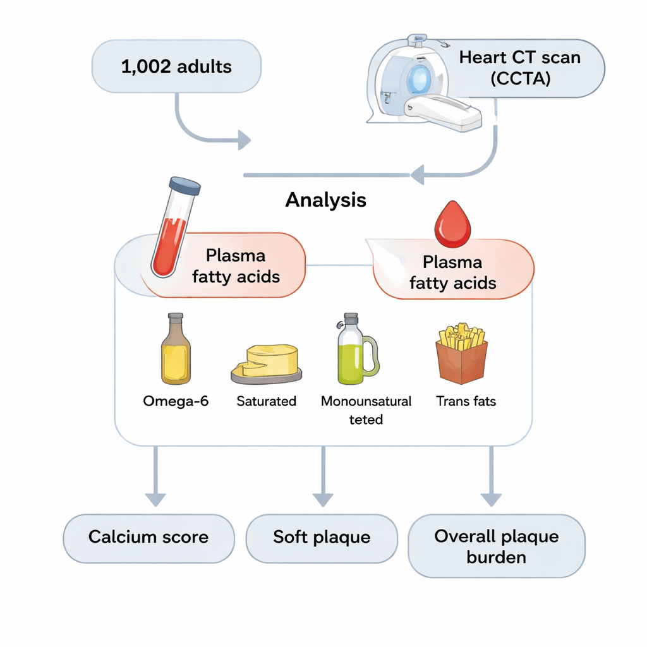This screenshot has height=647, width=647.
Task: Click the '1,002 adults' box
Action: [176, 66]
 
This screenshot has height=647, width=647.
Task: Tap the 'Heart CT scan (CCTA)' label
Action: [519, 68]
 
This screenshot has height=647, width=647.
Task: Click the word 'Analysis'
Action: [325, 200]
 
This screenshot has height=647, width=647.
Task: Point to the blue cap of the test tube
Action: [185, 185]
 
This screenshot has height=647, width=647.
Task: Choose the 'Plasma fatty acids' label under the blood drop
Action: [452, 272]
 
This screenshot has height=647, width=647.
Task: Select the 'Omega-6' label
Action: [176, 401]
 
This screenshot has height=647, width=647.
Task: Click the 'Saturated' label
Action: [266, 401]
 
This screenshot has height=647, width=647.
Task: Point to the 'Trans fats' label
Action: [466, 401]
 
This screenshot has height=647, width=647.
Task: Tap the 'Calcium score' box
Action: [148, 538]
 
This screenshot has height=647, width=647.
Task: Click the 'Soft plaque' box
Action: [322, 538]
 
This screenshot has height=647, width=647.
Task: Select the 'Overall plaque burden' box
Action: [496, 547]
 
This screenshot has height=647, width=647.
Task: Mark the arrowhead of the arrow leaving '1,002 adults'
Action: [244, 140]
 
